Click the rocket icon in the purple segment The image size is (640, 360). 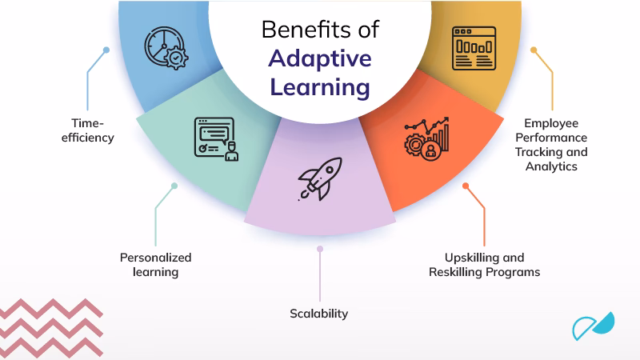pyautogui.click(x=320, y=178)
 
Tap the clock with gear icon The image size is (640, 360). pyautogui.click(x=166, y=48)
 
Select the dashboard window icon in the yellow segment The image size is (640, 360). pyautogui.click(x=474, y=48)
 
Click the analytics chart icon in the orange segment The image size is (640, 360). pyautogui.click(x=427, y=138)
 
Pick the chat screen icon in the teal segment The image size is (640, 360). pyautogui.click(x=216, y=138)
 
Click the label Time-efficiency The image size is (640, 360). pyautogui.click(x=88, y=130)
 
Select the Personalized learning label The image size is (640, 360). pyautogui.click(x=155, y=265)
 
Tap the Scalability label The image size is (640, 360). pyautogui.click(x=318, y=314)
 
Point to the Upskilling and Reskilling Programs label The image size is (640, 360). pyautogui.click(x=485, y=265)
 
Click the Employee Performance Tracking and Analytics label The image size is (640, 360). pyautogui.click(x=551, y=145)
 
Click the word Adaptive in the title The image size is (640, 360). pyautogui.click(x=320, y=58)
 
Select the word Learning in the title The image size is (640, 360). pyautogui.click(x=320, y=87)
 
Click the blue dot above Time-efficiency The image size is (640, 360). pyautogui.click(x=106, y=50)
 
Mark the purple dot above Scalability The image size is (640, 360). pyautogui.click(x=320, y=249)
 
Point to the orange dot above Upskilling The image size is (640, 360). pyautogui.click(x=466, y=186)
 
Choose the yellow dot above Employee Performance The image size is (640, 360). pyautogui.click(x=534, y=50)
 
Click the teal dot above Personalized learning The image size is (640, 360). pyautogui.click(x=174, y=186)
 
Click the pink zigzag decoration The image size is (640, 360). pyautogui.click(x=51, y=328)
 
